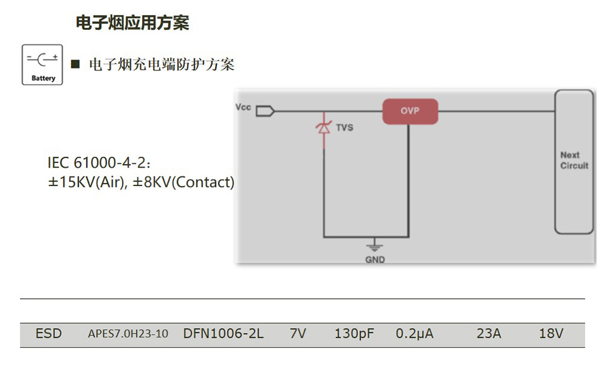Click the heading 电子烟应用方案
pos(132,23)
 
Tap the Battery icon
pos(43,65)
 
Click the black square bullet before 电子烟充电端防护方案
pos(76,64)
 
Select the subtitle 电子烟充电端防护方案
pos(162,65)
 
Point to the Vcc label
pos(243,107)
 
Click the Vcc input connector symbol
pos(265,111)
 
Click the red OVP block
pos(410,111)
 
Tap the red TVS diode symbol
pos(323,128)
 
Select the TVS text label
pos(345,128)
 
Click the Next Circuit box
pos(574,161)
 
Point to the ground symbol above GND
pos(375,246)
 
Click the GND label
pos(375,259)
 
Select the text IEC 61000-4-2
pos(96,163)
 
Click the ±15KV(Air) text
pos(86,182)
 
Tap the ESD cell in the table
pos(49,334)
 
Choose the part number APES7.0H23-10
pos(128,334)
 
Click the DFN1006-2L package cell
pos(223,334)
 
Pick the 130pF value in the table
pos(354,334)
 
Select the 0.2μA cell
pos(415,334)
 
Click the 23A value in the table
pos(489,334)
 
